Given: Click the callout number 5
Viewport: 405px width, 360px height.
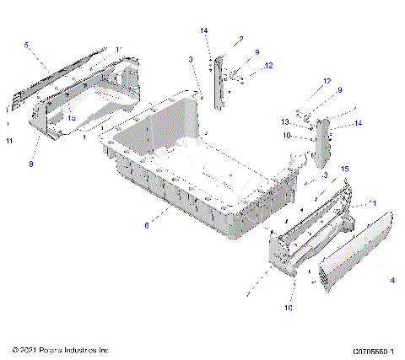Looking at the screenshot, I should (x=26, y=45).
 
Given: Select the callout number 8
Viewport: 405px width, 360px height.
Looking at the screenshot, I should (x=31, y=164).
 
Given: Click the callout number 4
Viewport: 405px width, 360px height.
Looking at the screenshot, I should (x=392, y=280).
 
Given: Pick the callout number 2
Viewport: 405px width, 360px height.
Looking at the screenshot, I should (x=240, y=39).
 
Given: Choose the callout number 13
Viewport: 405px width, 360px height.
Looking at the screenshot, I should (x=309, y=121).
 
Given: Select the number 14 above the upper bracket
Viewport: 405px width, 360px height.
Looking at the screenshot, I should (x=203, y=30).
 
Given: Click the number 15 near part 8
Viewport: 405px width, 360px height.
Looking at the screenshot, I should (x=72, y=119).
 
